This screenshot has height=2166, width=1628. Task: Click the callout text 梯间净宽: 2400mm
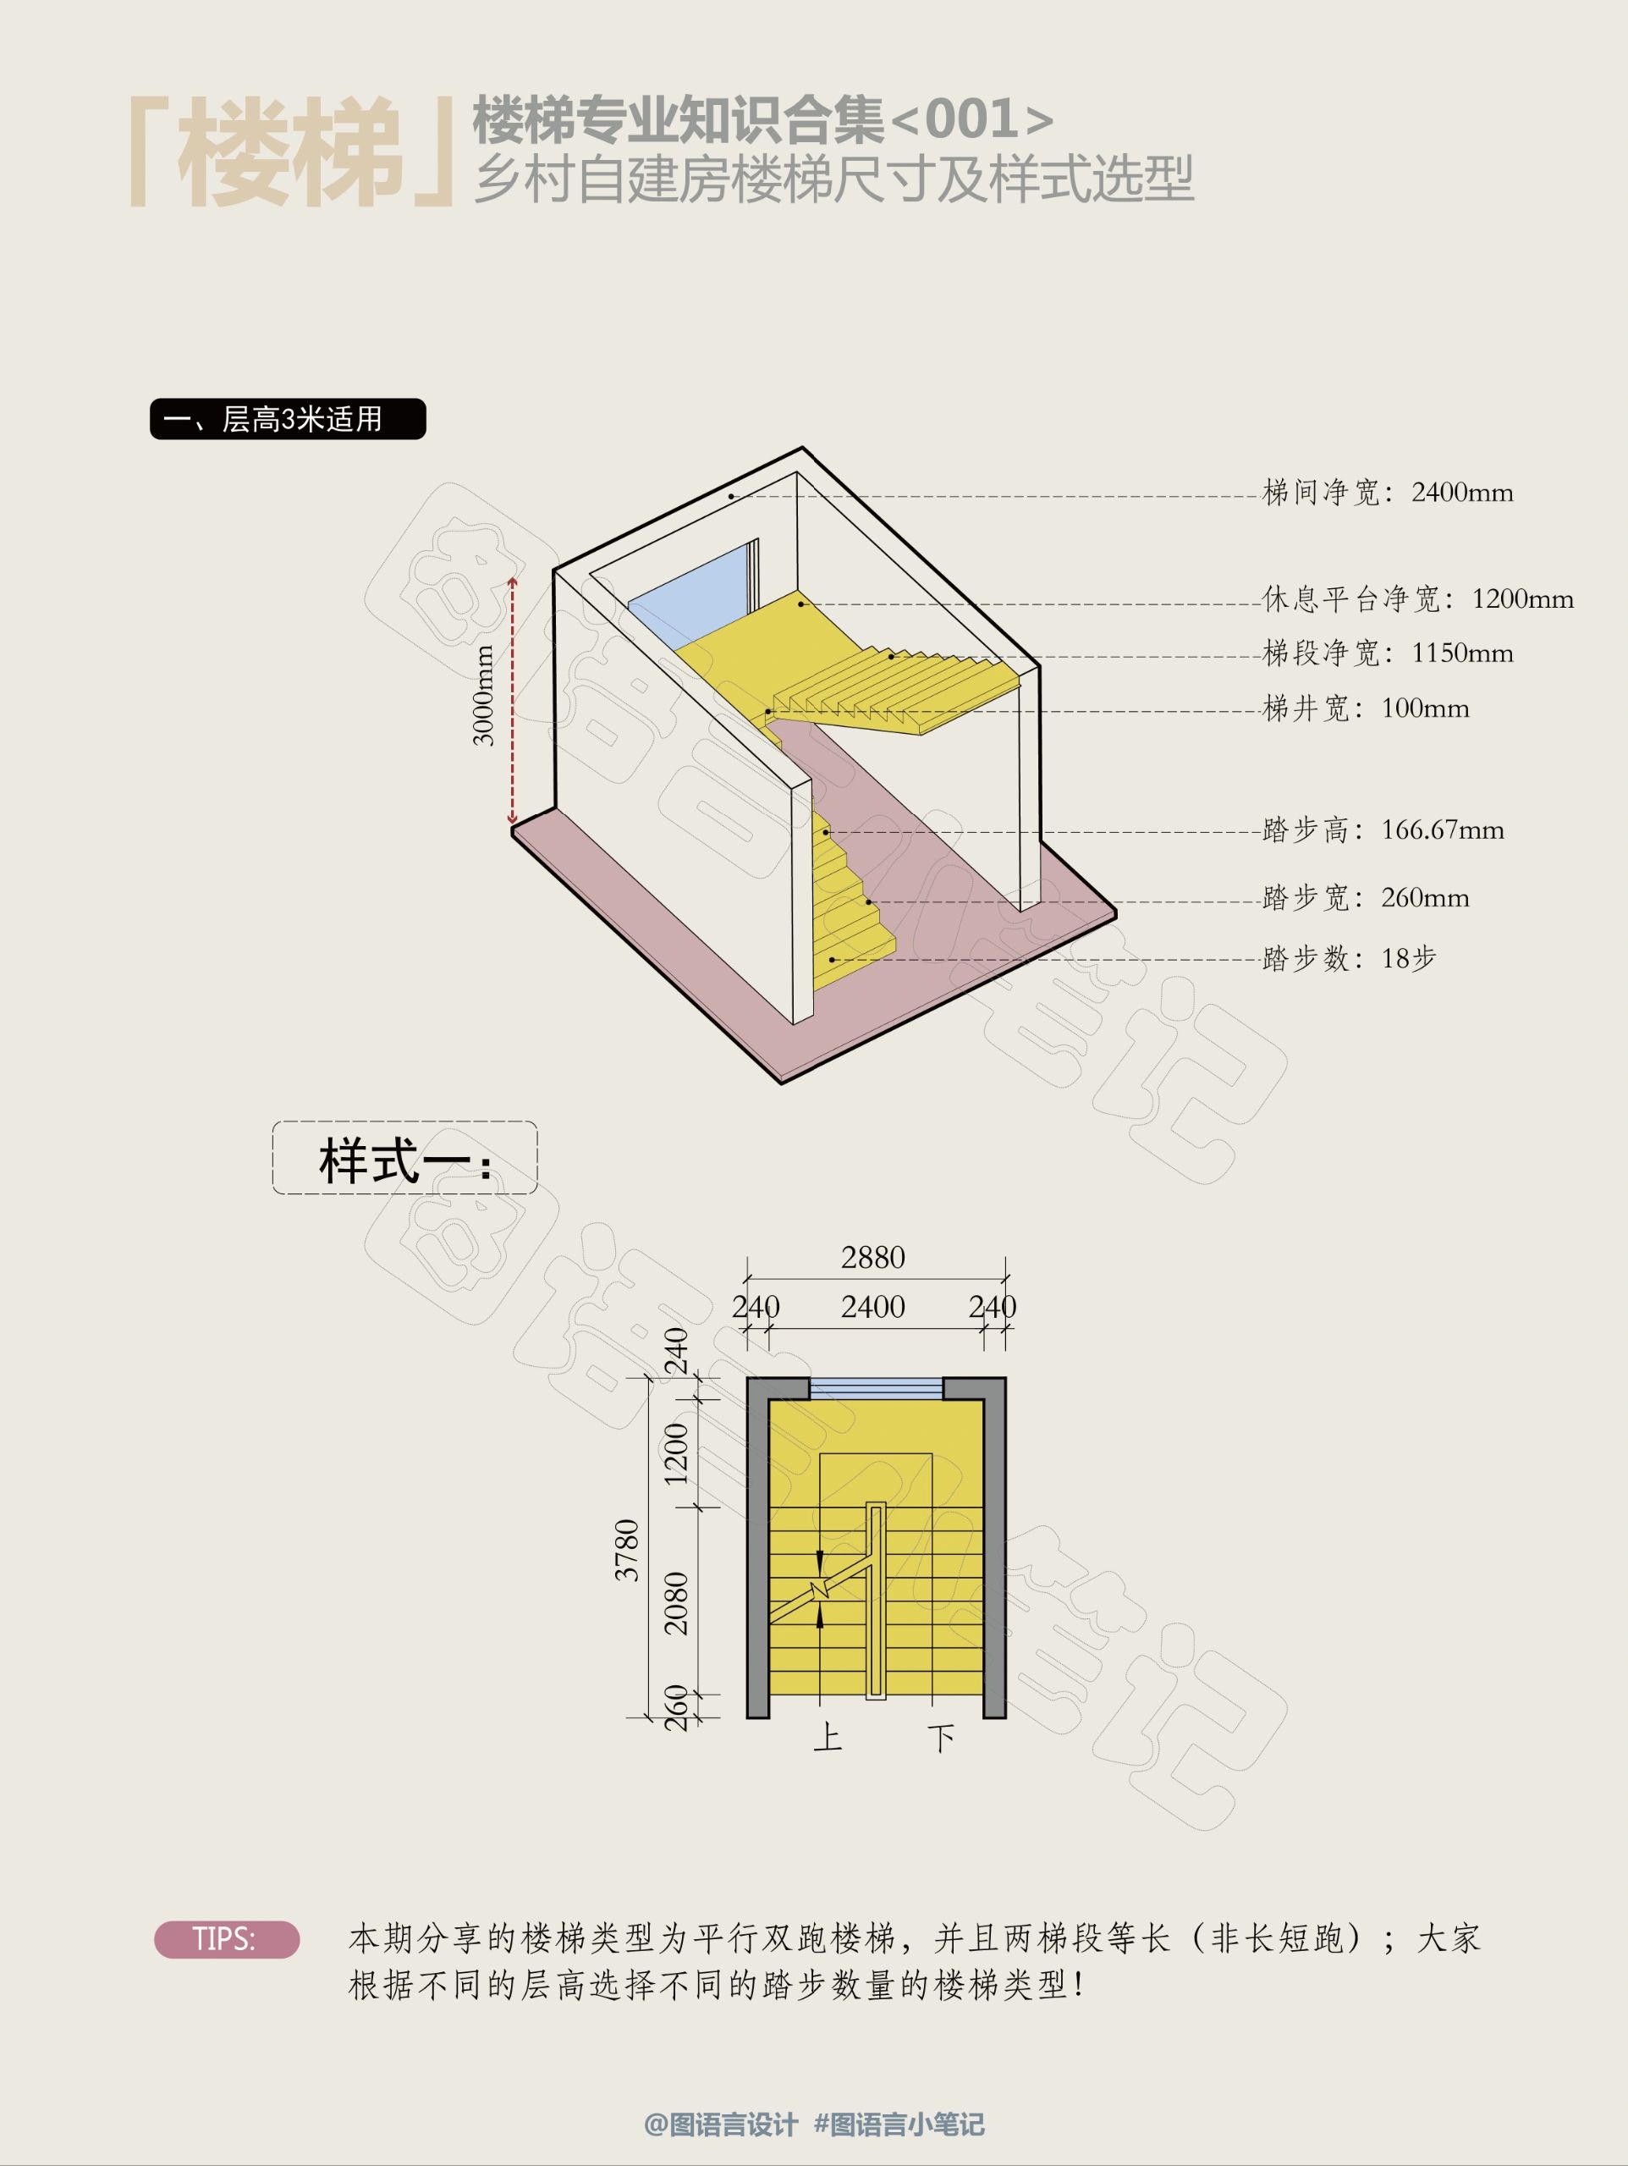point(1387,493)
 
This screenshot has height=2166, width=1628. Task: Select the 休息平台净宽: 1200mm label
point(1417,599)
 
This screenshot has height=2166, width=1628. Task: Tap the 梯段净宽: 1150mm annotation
point(1387,653)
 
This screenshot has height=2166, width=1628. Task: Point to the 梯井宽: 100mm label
point(1366,708)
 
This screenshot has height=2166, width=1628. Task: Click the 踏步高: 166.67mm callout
point(1383,830)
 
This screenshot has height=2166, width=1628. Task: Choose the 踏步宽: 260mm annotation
point(1366,898)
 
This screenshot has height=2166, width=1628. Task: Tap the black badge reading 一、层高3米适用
point(288,419)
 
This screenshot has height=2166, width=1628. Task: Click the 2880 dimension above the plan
point(873,1257)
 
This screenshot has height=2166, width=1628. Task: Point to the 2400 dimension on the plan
point(873,1306)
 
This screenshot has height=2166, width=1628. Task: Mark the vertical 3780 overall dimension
point(626,1549)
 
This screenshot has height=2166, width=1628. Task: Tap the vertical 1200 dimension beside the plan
point(676,1453)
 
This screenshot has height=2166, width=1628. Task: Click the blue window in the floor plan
point(876,1388)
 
